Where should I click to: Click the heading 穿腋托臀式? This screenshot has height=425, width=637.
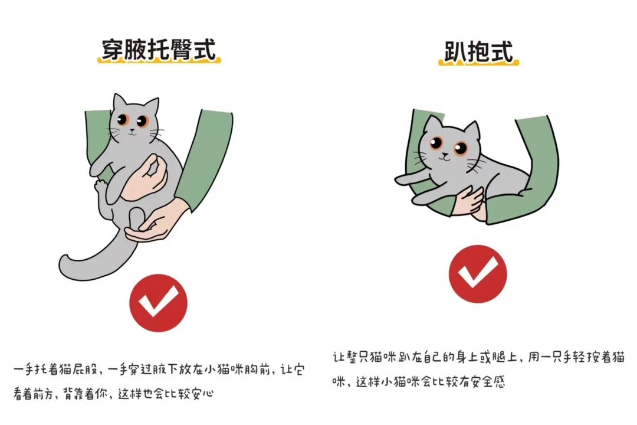click(x=159, y=50)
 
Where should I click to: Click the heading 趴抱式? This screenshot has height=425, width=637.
click(x=478, y=52)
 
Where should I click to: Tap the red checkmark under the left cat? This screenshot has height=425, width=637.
click(x=159, y=303)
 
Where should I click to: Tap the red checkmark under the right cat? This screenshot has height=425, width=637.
click(x=478, y=274)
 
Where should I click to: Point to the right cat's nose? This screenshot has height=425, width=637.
click(x=446, y=155)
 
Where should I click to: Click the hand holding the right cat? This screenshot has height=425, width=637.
click(x=469, y=201)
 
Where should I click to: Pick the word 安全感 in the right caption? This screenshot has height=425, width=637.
click(x=488, y=382)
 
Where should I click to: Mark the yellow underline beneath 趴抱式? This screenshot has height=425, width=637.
click(x=478, y=63)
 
